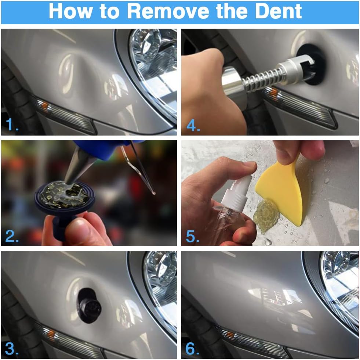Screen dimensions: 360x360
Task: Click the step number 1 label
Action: [12, 125]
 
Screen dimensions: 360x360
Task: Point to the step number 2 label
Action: [12, 236]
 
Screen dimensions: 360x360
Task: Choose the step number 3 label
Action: [12, 349]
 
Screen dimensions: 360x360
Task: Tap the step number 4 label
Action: [193, 126]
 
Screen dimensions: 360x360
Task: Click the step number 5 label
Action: [192, 236]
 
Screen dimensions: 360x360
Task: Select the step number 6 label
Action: [192, 349]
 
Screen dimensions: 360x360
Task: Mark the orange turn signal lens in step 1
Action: [45, 106]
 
